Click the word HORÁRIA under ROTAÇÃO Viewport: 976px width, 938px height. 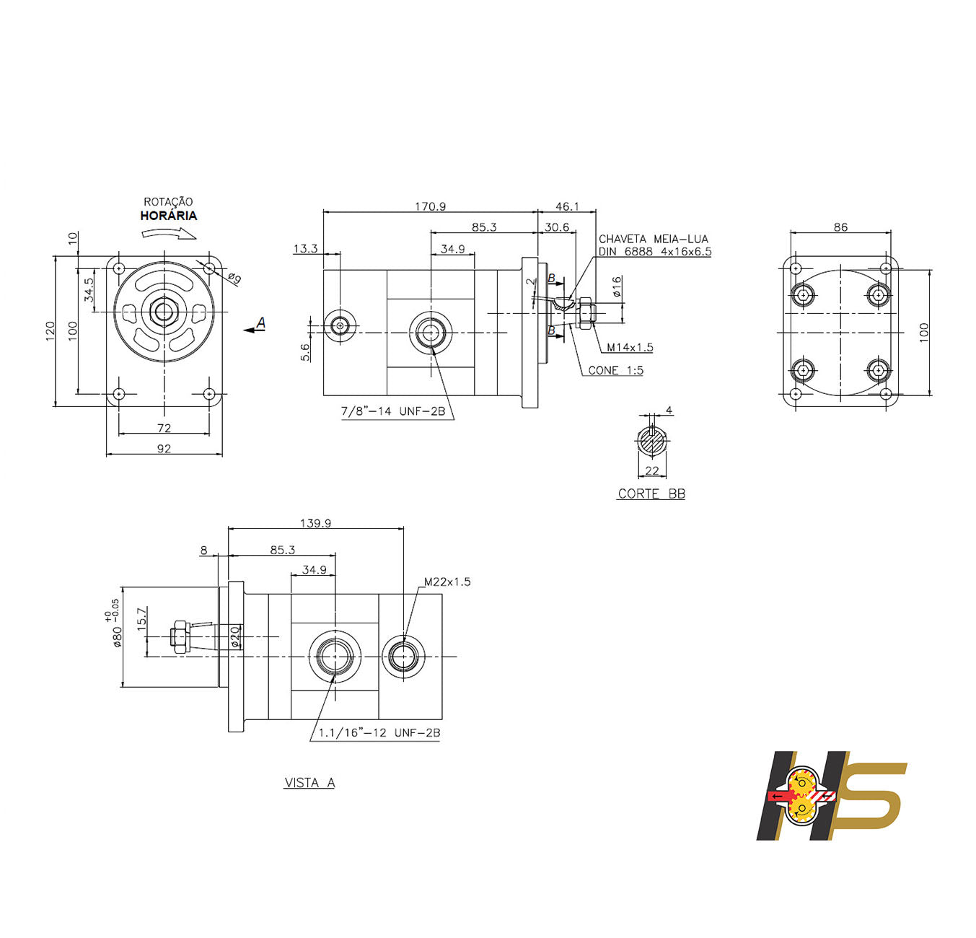pyautogui.click(x=168, y=216)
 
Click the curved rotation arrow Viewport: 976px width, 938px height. pyautogui.click(x=169, y=233)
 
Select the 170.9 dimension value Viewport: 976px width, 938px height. pyautogui.click(x=430, y=206)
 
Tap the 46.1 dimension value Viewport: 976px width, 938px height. pyautogui.click(x=567, y=206)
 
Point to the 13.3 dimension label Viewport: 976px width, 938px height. pyautogui.click(x=305, y=248)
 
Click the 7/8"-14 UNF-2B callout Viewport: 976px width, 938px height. pyautogui.click(x=393, y=411)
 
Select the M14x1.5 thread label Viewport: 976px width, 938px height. pyautogui.click(x=630, y=347)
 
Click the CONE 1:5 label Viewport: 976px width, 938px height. pyautogui.click(x=615, y=370)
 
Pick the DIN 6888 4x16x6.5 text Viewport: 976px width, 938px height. pyautogui.click(x=654, y=252)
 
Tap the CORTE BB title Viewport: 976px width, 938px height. pyautogui.click(x=651, y=494)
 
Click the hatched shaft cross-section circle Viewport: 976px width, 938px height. pyautogui.click(x=652, y=441)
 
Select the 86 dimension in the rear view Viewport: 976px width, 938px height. pyautogui.click(x=840, y=227)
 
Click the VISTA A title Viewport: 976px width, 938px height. pyautogui.click(x=309, y=783)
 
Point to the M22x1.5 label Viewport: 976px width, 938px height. pyautogui.click(x=447, y=582)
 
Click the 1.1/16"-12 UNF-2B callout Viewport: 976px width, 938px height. pyautogui.click(x=379, y=732)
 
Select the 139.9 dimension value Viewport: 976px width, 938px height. pyautogui.click(x=315, y=523)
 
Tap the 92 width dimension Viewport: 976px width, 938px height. pyautogui.click(x=164, y=449)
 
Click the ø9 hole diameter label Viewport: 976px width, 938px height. pyautogui.click(x=234, y=278)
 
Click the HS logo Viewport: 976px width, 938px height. pyautogui.click(x=830, y=795)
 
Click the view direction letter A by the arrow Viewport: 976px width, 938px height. pyautogui.click(x=261, y=323)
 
